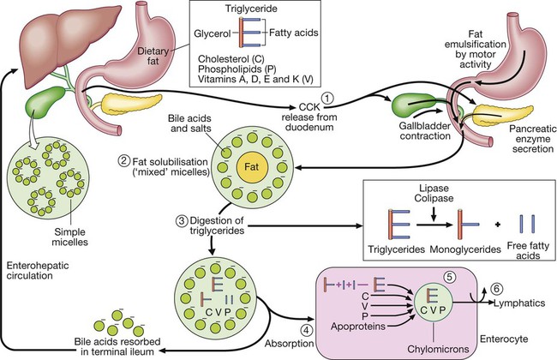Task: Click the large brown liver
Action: click(x=43, y=43)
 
